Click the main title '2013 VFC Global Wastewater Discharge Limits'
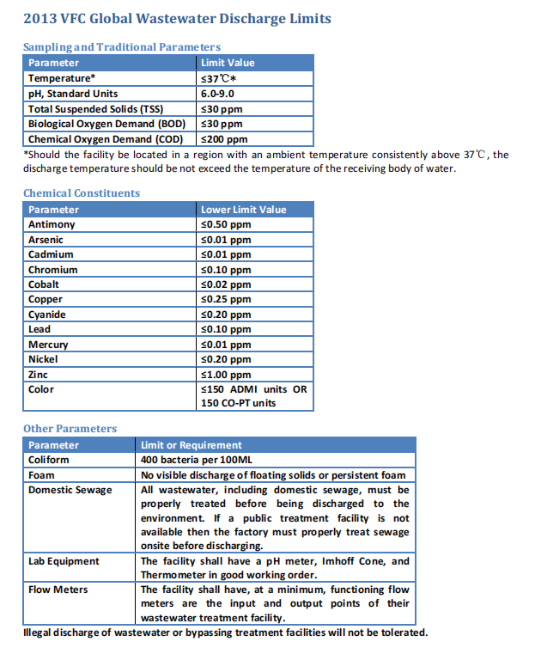click(176, 19)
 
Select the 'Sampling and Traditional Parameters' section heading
click(122, 47)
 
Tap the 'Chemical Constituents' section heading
click(82, 193)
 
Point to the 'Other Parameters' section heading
click(70, 429)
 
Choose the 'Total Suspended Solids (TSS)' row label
click(95, 108)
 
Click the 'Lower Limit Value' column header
click(244, 210)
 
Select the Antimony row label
click(52, 224)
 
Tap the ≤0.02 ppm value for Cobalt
click(225, 284)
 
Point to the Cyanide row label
click(47, 315)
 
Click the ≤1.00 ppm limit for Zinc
click(225, 375)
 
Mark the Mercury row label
click(48, 345)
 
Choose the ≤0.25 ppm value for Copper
click(225, 299)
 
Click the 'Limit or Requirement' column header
click(192, 445)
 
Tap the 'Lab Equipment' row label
click(64, 561)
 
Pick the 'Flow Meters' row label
click(58, 590)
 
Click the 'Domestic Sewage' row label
click(70, 490)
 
